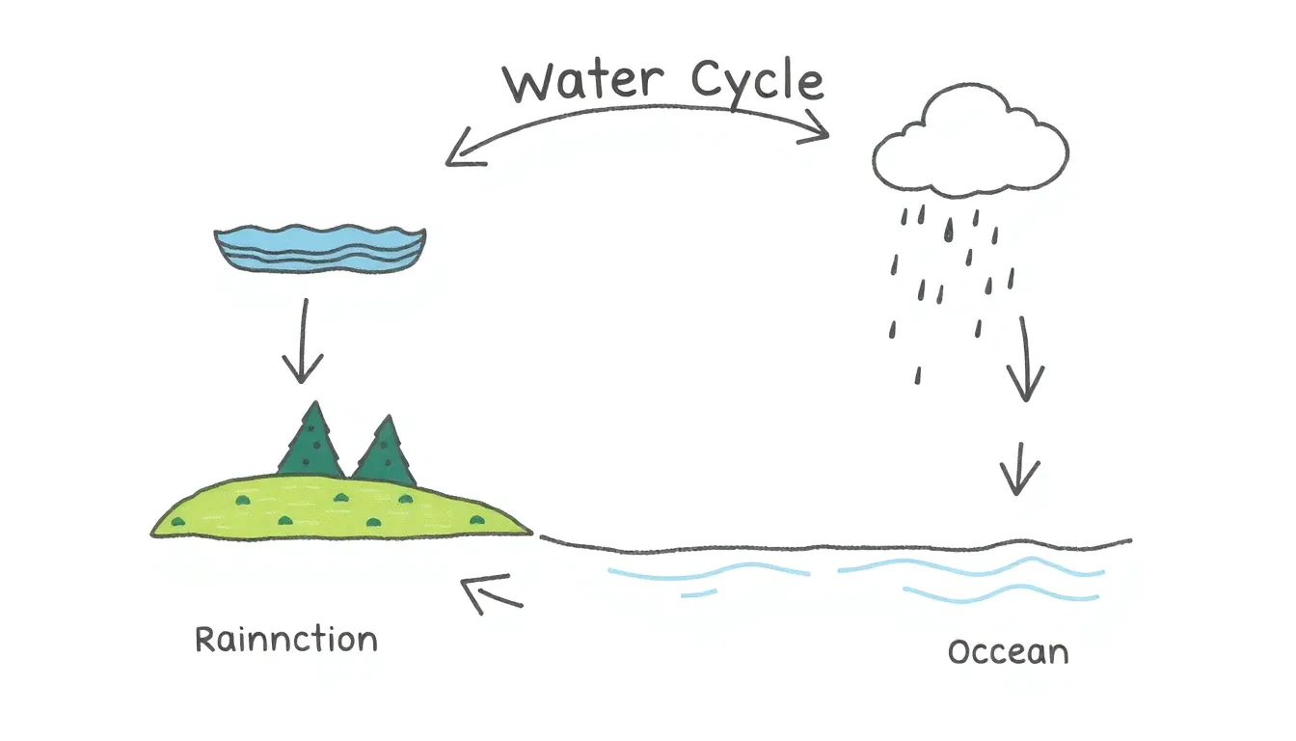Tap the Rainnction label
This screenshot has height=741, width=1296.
(286, 640)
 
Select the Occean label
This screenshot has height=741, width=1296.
(1008, 652)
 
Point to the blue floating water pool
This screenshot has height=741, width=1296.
(320, 248)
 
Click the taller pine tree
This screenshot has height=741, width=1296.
(311, 440)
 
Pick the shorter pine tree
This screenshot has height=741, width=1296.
(386, 452)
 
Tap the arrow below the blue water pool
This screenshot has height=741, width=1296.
(303, 342)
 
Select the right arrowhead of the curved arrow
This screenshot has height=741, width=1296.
(817, 128)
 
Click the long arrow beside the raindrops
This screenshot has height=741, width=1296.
(1025, 359)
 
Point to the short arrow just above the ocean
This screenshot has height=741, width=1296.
(1019, 469)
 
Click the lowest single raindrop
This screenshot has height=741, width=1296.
(918, 375)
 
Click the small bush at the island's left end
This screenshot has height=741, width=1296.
(178, 522)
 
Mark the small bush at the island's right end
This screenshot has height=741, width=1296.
(476, 520)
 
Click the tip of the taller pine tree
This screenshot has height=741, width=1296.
(315, 400)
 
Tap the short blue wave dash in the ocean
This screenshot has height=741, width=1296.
(699, 593)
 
